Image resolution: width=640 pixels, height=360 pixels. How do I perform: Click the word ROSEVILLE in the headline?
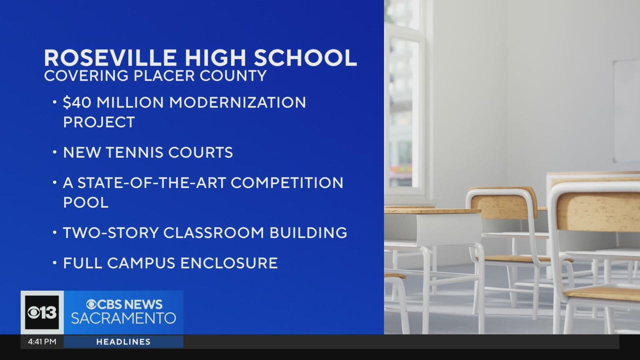[110, 58]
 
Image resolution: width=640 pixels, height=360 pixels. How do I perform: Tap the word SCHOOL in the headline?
[305, 58]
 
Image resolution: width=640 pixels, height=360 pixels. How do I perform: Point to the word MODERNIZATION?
[237, 102]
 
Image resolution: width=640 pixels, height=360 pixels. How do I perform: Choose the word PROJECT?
[99, 122]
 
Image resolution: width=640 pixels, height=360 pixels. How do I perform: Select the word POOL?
[85, 202]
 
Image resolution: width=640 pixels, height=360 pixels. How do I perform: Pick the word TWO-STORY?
[111, 232]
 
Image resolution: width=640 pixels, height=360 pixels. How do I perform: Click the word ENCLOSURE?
[229, 263]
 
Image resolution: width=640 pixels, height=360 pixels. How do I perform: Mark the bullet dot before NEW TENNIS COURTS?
[55, 152]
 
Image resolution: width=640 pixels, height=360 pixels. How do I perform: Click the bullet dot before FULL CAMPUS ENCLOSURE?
[55, 263]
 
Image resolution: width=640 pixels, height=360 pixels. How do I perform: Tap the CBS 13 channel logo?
[42, 312]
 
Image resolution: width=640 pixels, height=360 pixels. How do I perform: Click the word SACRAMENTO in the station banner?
[123, 318]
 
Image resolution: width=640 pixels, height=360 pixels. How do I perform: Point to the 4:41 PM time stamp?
[42, 341]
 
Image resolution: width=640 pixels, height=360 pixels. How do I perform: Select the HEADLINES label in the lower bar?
[123, 341]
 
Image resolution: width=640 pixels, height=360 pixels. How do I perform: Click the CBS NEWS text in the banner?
[124, 304]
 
